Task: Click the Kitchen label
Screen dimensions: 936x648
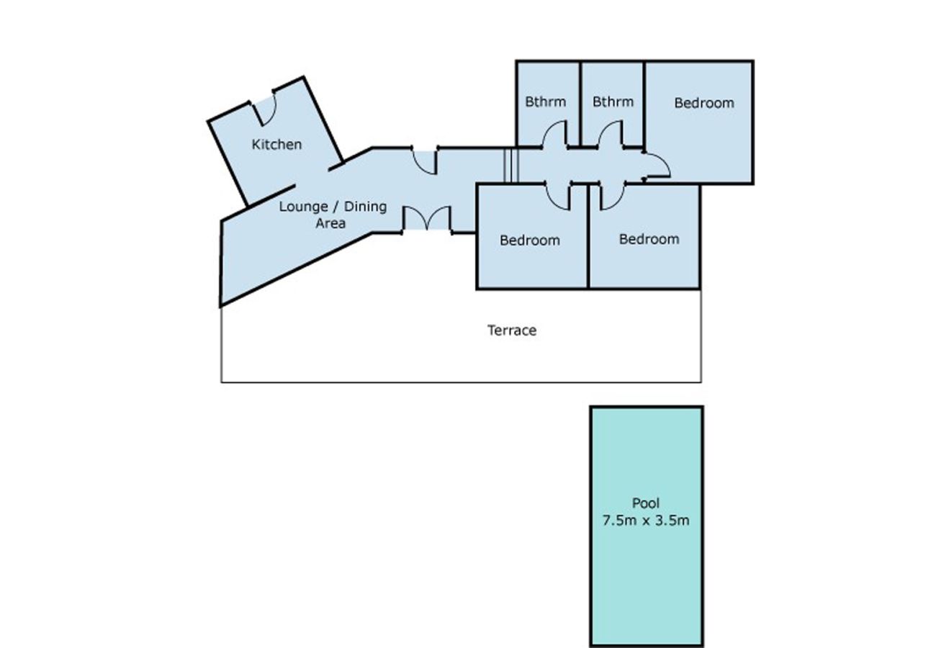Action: coord(276,145)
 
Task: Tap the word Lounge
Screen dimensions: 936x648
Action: coord(303,207)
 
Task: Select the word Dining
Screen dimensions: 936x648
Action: coord(365,207)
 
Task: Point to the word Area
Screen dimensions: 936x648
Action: coord(330,223)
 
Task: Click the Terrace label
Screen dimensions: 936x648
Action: coord(512,330)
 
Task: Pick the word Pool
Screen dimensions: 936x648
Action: coord(646,503)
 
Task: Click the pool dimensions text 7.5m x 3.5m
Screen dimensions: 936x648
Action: coord(646,521)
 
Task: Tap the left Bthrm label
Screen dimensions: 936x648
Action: coord(545,102)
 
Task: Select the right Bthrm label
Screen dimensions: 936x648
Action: coord(613,102)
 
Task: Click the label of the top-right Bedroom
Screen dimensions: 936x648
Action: coord(704,103)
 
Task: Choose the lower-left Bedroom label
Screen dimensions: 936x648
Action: coord(530,240)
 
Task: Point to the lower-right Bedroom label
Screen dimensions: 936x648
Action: coord(649,239)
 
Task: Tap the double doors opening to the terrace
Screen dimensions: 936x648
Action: coord(427,218)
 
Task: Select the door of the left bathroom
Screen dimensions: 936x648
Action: coord(555,134)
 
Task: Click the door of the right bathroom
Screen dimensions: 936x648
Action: coord(611,134)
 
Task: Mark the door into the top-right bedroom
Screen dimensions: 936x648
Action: coord(657,166)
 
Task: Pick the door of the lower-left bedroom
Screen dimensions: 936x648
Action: coord(558,196)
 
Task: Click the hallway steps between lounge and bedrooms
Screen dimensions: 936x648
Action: coord(511,166)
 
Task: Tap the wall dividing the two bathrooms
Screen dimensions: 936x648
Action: coord(580,104)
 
